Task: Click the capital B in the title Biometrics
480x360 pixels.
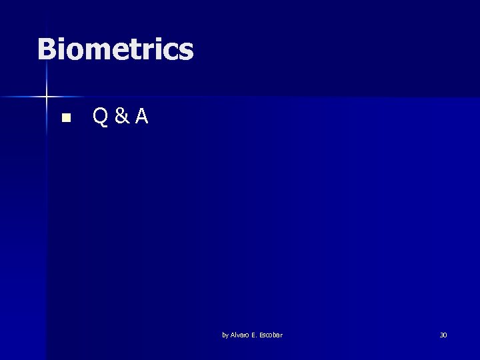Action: click(x=47, y=49)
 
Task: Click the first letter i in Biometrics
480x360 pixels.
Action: click(x=61, y=49)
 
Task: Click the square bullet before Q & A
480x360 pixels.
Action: click(x=65, y=119)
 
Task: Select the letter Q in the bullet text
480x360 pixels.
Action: click(x=101, y=118)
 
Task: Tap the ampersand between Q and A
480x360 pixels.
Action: click(x=121, y=118)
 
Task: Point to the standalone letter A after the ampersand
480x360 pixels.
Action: click(x=141, y=117)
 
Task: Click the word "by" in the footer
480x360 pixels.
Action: click(x=225, y=335)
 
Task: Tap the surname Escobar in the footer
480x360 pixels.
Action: click(x=271, y=335)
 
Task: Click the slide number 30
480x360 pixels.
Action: click(x=443, y=335)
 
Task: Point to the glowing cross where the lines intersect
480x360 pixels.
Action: click(x=47, y=97)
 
